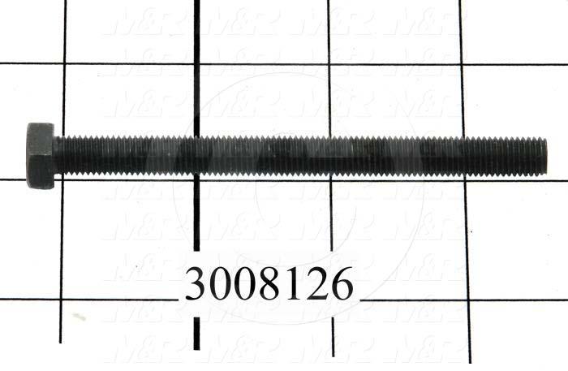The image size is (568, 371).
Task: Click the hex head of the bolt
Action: [40, 156]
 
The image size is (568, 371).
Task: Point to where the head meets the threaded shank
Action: [56, 156]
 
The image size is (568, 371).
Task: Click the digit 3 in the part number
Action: [197, 285]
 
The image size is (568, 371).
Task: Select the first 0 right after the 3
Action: [221, 285]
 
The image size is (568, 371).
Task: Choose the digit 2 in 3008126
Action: [316, 285]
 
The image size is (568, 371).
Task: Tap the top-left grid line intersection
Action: [64, 63]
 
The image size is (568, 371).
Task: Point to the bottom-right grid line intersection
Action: [468, 301]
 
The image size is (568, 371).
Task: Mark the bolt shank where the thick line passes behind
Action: [195, 156]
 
